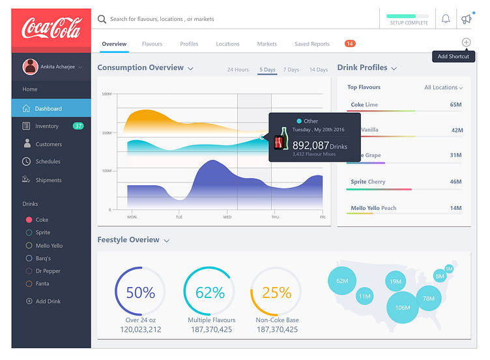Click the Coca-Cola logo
point(51,29)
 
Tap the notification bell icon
point(446,19)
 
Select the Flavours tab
point(152,44)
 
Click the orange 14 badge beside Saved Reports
point(350,44)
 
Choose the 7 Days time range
point(291,70)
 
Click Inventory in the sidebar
point(47,126)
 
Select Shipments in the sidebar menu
point(48,180)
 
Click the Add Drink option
point(48,301)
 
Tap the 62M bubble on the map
point(342,281)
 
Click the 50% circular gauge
point(140,293)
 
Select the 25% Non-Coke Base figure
point(276,293)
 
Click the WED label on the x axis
point(227,217)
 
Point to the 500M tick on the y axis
point(107,94)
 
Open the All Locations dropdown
point(443,87)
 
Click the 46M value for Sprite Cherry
point(455,182)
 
